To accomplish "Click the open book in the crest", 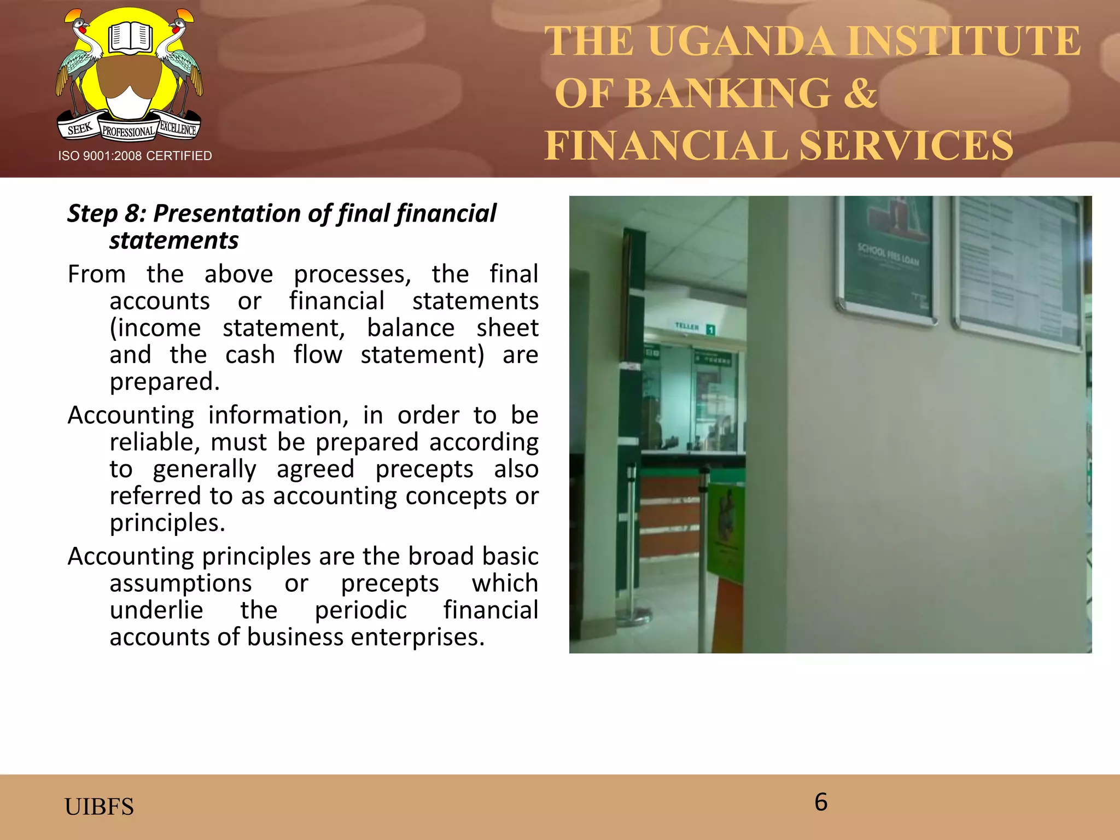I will (130, 38).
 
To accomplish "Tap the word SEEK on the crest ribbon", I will (80, 129).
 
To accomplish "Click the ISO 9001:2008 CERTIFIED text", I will (135, 156).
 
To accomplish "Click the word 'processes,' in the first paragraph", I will (352, 274).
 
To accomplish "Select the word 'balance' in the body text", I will (411, 328).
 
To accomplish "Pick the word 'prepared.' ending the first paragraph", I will (165, 381).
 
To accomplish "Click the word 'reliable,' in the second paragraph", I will (155, 442).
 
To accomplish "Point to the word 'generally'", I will (205, 469).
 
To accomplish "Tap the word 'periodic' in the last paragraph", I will (361, 610).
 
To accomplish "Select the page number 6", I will (821, 802).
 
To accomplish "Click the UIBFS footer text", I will (99, 807).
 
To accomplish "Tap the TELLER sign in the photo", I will (687, 326).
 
